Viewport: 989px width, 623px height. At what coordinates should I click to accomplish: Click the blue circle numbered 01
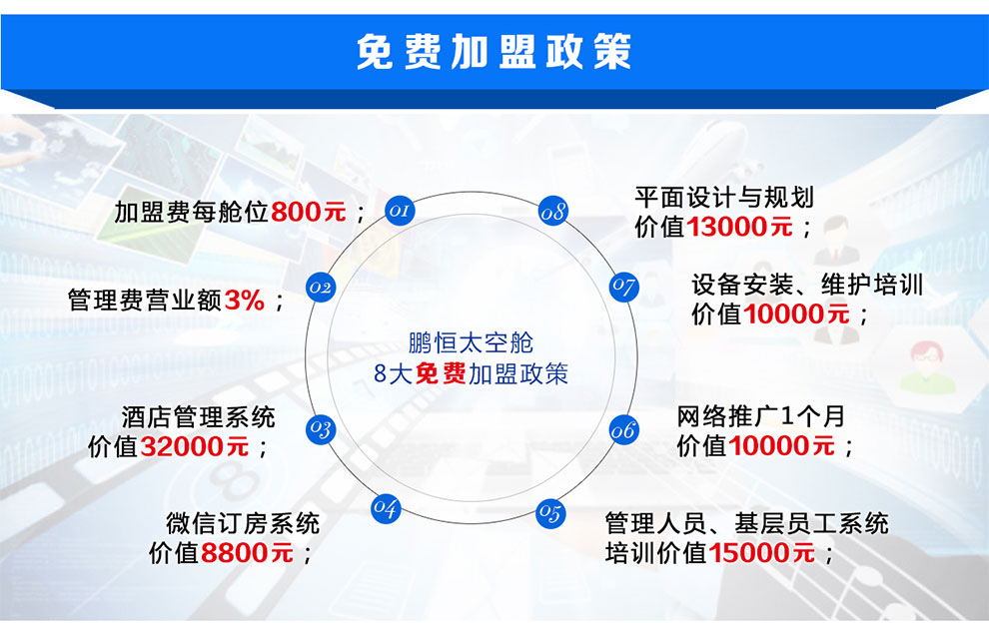[x=400, y=210]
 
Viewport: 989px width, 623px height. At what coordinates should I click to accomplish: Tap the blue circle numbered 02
[x=321, y=288]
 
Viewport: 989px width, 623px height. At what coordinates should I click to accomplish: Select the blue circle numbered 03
[x=321, y=429]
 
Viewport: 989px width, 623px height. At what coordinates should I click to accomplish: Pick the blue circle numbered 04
[x=386, y=507]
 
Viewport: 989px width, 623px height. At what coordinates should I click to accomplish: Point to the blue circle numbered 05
[x=550, y=512]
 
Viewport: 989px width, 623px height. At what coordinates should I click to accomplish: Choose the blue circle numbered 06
[x=623, y=430]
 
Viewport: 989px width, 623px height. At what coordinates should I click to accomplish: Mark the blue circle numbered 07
[x=623, y=287]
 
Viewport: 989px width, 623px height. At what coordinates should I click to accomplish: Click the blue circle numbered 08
[x=553, y=212]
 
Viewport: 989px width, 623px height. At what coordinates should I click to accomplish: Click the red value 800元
[x=309, y=212]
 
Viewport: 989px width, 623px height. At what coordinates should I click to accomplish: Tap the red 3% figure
[x=244, y=301]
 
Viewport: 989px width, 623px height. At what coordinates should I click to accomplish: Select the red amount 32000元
[x=194, y=446]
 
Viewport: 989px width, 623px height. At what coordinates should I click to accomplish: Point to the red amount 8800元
[x=248, y=553]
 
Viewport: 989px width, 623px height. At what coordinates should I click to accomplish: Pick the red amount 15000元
[x=762, y=553]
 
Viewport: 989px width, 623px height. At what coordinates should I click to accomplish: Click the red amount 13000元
[x=739, y=227]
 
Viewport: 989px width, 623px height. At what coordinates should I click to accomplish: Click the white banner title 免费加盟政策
[x=494, y=51]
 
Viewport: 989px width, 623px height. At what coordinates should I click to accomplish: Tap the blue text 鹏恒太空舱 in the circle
[x=471, y=343]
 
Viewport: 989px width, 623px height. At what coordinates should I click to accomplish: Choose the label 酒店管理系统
[x=198, y=417]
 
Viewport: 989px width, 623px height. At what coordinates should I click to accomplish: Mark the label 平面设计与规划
[x=724, y=198]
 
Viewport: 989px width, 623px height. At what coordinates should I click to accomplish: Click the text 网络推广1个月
[x=760, y=416]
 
